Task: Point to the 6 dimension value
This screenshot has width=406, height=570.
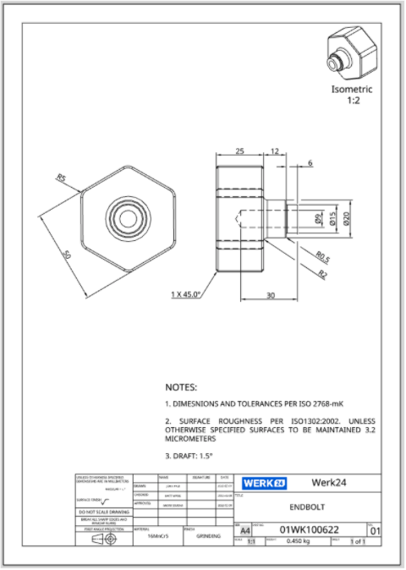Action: tap(310, 162)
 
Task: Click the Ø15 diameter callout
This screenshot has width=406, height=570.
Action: tap(333, 219)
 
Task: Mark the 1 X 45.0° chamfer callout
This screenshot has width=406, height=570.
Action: tap(185, 294)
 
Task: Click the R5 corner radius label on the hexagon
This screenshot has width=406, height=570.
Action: tap(61, 178)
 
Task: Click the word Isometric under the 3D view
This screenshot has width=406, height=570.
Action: tap(351, 89)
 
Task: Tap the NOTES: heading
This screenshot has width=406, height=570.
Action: tap(181, 386)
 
